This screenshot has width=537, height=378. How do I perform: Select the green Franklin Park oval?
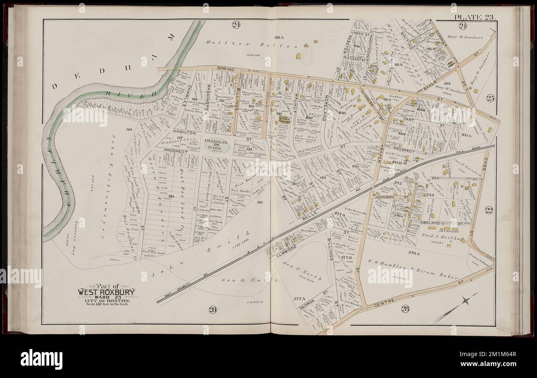[x=216, y=145]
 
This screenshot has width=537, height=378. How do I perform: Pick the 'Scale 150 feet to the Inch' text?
[x=104, y=306]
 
